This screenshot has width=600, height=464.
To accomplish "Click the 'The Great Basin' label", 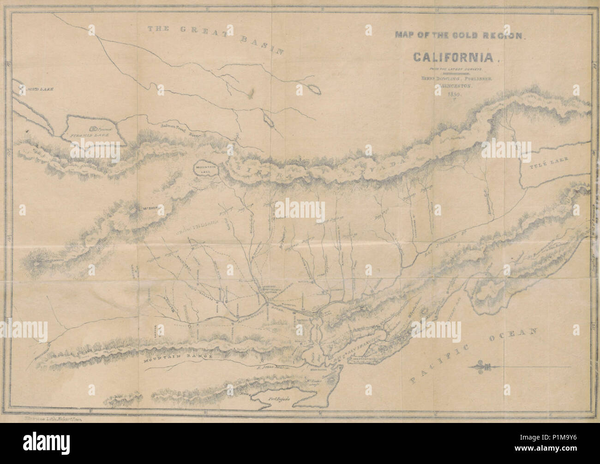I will tap(215, 37).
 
